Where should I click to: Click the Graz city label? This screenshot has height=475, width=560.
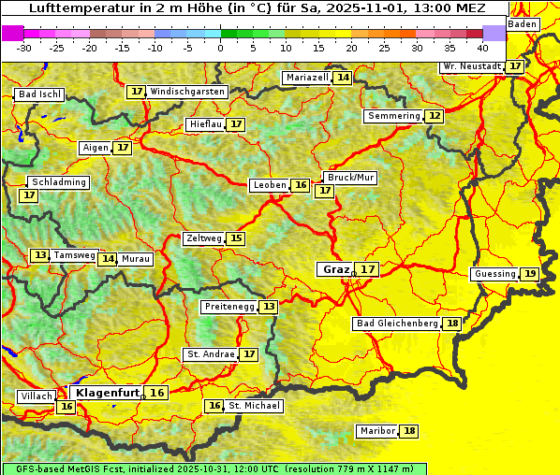pyautogui.click(x=335, y=269)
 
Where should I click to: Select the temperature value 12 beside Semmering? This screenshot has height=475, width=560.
pyautogui.click(x=434, y=116)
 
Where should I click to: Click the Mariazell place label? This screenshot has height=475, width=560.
pyautogui.click(x=307, y=78)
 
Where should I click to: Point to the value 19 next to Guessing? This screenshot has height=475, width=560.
pyautogui.click(x=530, y=274)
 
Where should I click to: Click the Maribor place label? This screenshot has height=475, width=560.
pyautogui.click(x=376, y=431)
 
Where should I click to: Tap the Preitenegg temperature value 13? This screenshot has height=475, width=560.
pyautogui.click(x=269, y=307)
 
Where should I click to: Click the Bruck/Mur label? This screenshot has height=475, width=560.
pyautogui.click(x=350, y=178)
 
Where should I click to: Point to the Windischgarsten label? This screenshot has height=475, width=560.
pyautogui.click(x=187, y=92)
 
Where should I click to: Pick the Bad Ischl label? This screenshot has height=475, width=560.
pyautogui.click(x=39, y=94)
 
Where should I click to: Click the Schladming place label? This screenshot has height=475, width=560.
pyautogui.click(x=58, y=182)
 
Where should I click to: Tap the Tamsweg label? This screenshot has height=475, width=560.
pyautogui.click(x=74, y=255)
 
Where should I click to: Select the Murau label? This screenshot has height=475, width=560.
pyautogui.click(x=136, y=259)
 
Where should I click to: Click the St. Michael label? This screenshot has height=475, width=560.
pyautogui.click(x=255, y=406)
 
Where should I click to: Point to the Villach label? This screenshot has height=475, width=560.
pyautogui.click(x=37, y=396)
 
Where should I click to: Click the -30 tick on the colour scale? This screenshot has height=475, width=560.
pyautogui.click(x=24, y=48)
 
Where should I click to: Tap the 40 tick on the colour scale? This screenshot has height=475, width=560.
pyautogui.click(x=482, y=48)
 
